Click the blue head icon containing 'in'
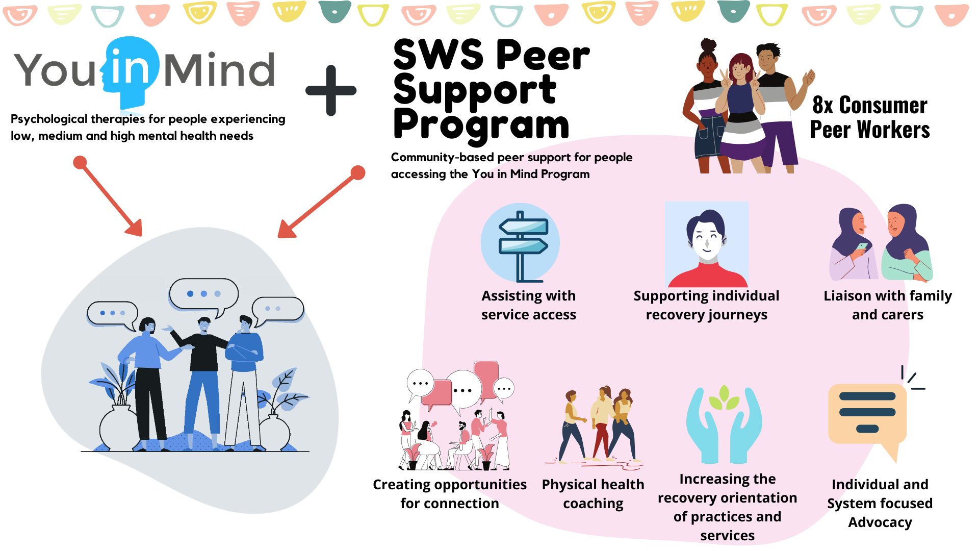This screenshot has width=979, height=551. [132, 69]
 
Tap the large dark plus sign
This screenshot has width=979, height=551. [331, 91]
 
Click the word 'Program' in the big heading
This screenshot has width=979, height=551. [481, 125]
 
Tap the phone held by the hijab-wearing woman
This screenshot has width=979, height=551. [862, 246]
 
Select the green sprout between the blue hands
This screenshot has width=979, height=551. [724, 398]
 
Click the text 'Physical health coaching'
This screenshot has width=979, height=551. [593, 493]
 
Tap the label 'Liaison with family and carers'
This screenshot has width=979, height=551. [887, 305]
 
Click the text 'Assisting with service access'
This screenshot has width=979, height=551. [529, 305]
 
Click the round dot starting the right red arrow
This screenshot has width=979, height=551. [358, 172]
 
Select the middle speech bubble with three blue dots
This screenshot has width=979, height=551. [204, 294]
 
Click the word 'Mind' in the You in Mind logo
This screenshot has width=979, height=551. [219, 70]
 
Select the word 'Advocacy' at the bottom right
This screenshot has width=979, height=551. [880, 522]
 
